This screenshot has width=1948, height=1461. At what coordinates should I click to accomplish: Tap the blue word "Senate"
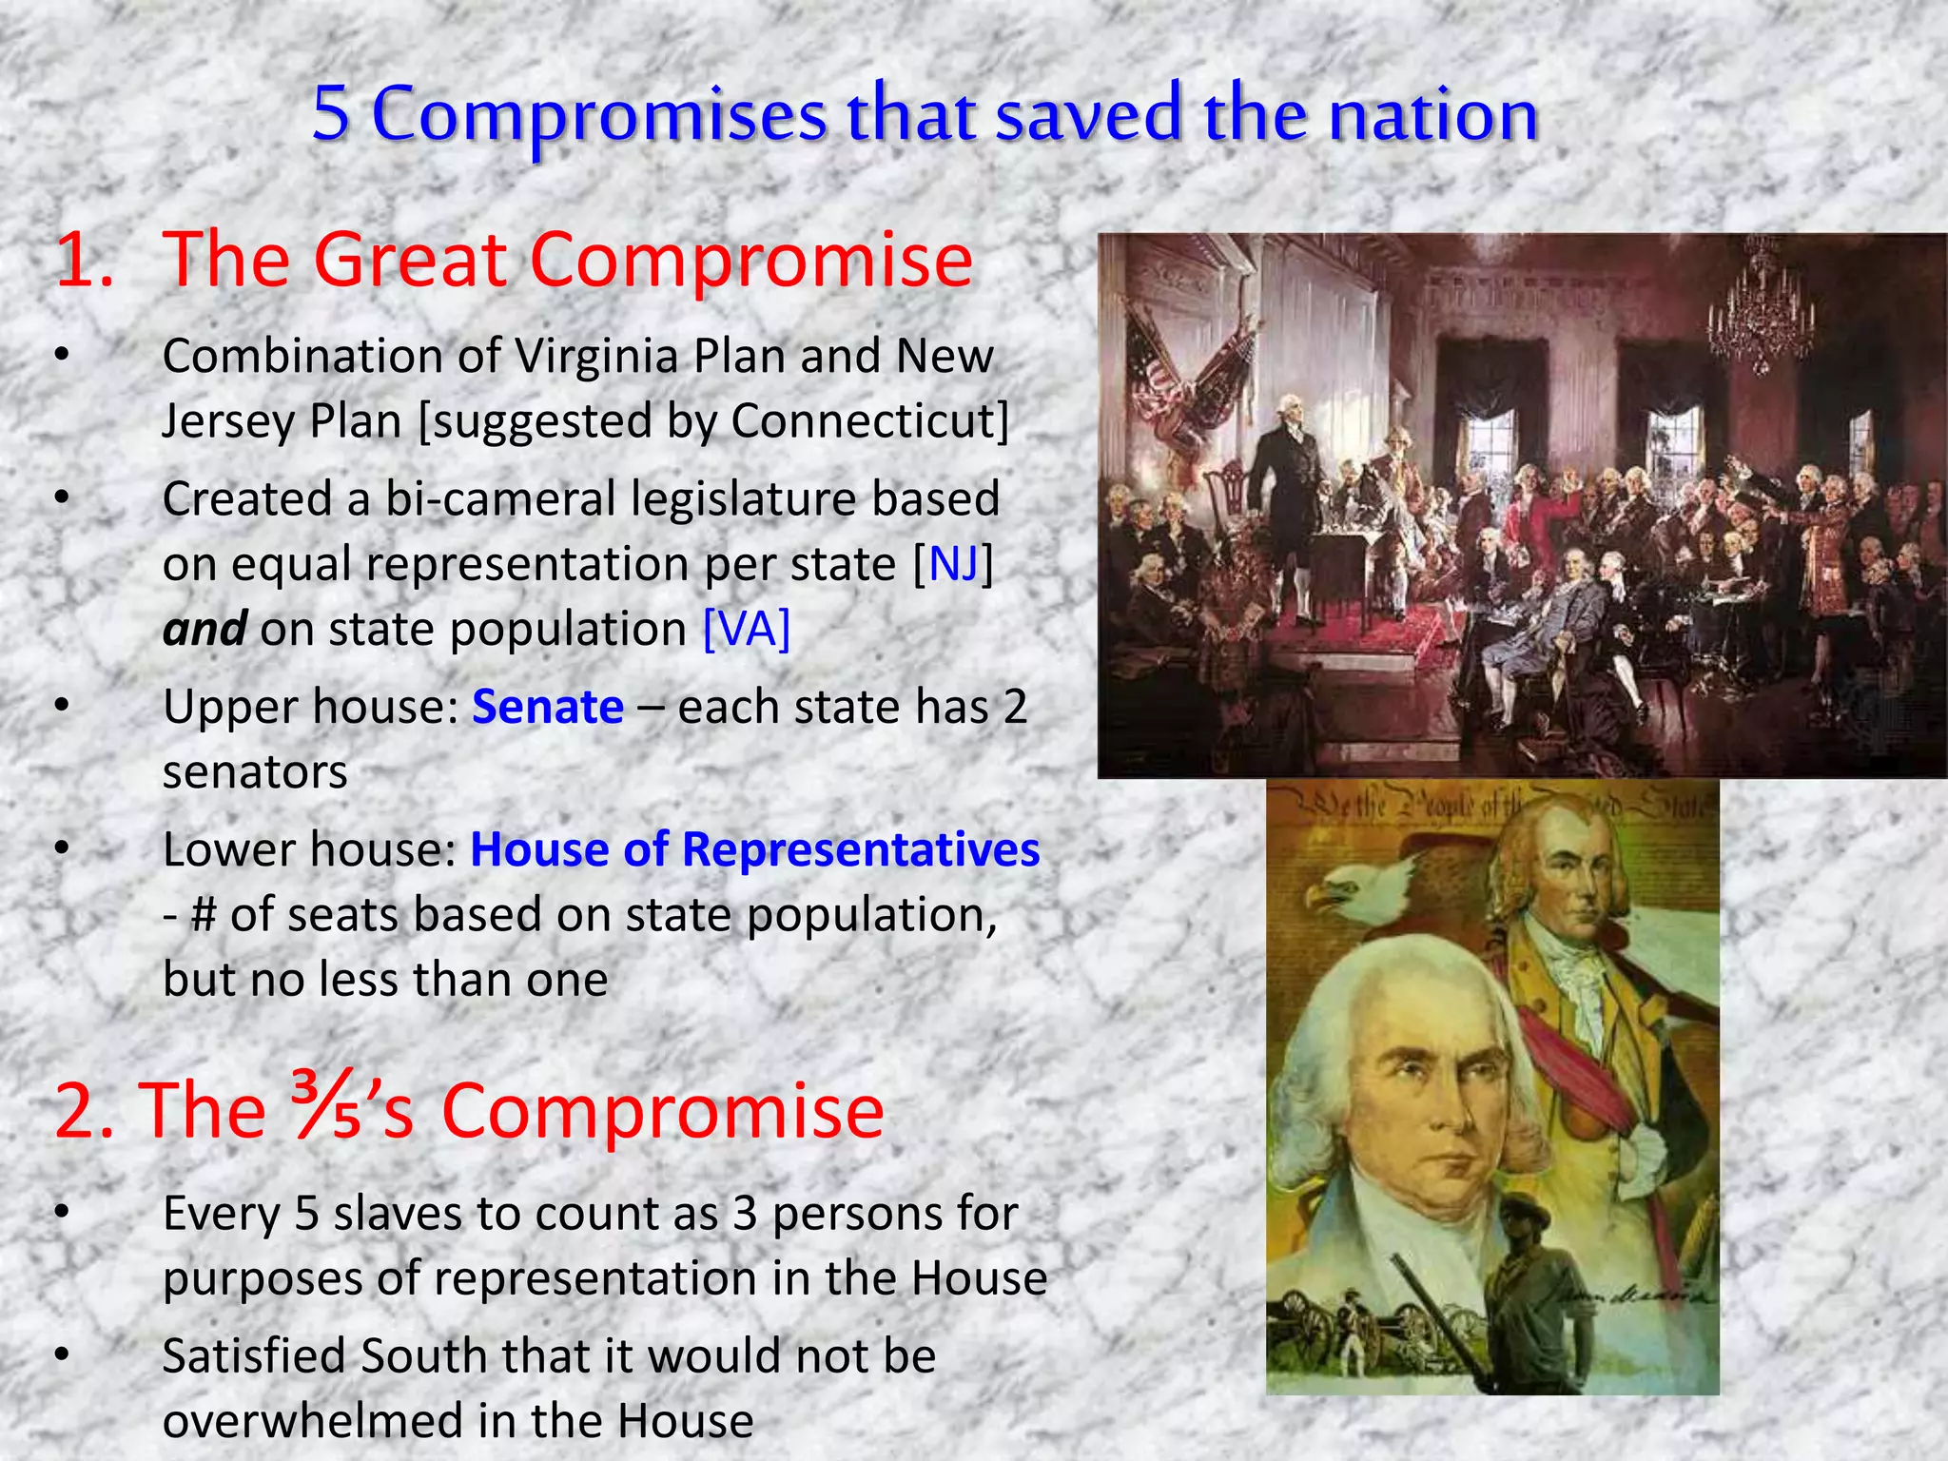[x=548, y=708]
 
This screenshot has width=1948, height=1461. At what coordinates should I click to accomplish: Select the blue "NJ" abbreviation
[x=954, y=564]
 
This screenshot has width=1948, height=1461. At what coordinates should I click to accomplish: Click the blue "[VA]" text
[x=747, y=630]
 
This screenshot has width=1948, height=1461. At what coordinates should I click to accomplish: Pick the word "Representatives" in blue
[x=861, y=849]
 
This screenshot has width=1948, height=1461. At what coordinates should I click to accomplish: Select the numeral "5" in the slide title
[x=330, y=114]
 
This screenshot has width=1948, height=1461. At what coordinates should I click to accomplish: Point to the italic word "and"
[x=205, y=630]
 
